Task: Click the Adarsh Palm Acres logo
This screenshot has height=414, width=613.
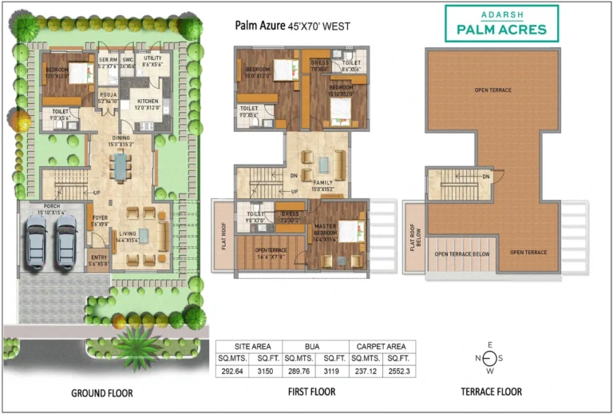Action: (501, 23)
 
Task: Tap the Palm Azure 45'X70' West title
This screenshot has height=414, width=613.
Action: (292, 26)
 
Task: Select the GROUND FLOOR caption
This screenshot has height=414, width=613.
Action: (102, 392)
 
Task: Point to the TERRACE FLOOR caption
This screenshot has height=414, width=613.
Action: (492, 392)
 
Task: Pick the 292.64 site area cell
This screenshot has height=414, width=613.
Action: (231, 370)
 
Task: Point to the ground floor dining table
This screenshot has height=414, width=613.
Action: (120, 167)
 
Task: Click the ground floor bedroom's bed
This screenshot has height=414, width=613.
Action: (80, 74)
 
